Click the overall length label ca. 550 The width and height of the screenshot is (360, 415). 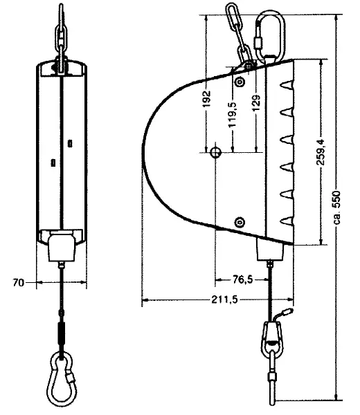(338, 207)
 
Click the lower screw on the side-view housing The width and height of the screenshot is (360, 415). (240, 221)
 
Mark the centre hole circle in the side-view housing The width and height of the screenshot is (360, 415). (216, 151)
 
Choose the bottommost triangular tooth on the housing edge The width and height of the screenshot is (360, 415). (285, 221)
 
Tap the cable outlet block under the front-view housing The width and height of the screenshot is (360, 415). (61, 247)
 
